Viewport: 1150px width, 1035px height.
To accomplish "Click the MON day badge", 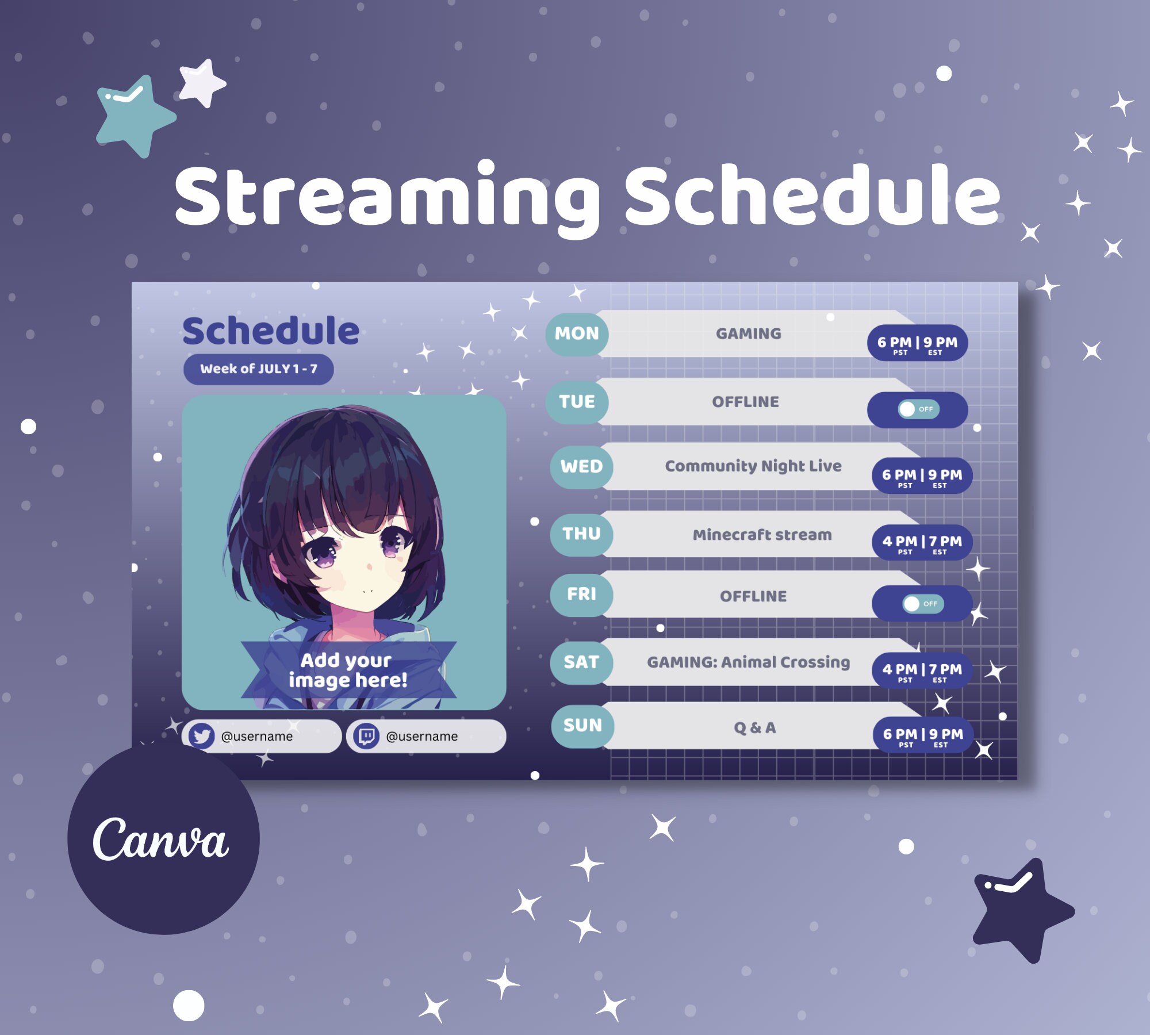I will [x=577, y=333].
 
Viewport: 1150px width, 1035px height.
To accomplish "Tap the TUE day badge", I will [x=577, y=401].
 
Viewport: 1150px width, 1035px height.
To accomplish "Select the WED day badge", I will [x=581, y=466].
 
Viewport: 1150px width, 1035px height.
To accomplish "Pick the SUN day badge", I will [x=582, y=726].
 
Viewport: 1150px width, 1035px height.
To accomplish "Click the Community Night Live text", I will [x=753, y=466].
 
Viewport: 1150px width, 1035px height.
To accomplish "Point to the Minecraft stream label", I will [x=762, y=535].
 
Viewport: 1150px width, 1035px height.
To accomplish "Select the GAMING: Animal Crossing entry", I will [x=748, y=662].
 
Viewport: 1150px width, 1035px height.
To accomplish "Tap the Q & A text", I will [x=754, y=728].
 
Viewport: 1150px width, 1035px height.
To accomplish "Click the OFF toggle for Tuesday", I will [x=918, y=409].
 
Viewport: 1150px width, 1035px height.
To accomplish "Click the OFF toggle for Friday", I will [x=923, y=604].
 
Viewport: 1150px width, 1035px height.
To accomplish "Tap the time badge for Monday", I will [x=917, y=344].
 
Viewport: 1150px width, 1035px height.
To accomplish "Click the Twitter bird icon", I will [x=201, y=736].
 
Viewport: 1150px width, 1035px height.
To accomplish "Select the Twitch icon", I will [x=366, y=736].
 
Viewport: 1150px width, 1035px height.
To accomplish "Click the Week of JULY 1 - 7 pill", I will [x=258, y=369].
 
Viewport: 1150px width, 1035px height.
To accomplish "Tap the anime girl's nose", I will [x=369, y=567].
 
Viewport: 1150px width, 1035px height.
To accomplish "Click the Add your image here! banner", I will [x=348, y=670].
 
